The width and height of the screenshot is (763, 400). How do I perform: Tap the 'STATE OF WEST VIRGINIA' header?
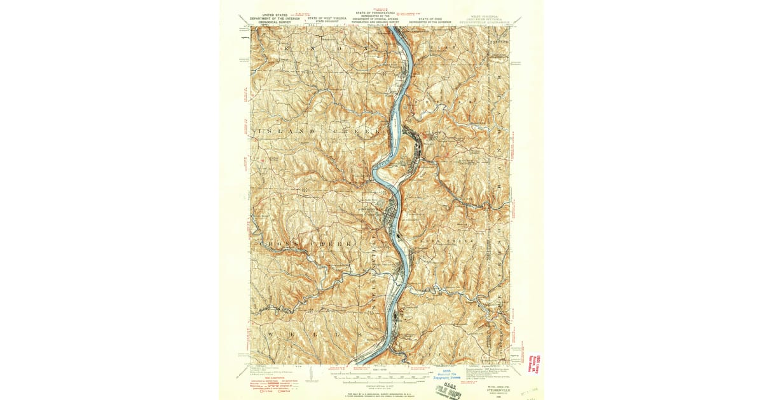[327, 19]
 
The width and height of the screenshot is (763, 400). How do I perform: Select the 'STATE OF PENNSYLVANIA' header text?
[375, 13]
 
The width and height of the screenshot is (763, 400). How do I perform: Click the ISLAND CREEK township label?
[318, 131]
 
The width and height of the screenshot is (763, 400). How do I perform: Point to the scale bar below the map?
[381, 375]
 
